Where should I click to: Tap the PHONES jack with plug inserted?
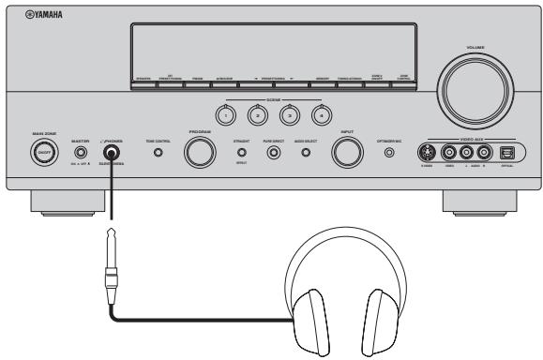point(113,151)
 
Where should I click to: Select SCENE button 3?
point(287,113)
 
